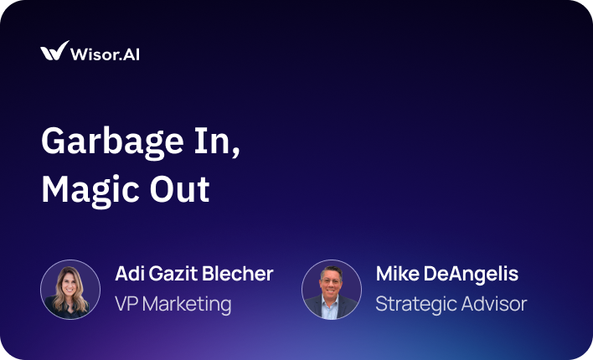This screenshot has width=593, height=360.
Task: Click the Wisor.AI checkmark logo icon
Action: click(x=54, y=51)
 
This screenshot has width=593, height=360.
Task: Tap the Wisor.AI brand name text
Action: click(x=105, y=54)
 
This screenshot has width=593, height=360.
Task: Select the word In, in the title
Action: click(x=217, y=141)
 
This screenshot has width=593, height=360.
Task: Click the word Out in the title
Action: click(x=179, y=189)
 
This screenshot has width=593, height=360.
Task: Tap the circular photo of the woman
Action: click(x=70, y=290)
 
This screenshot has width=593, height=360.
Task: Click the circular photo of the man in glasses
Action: click(x=332, y=290)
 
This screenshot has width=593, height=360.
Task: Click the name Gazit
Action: click(x=173, y=274)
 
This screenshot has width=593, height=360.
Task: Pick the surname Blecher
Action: click(x=238, y=274)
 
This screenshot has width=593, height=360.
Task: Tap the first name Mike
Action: click(x=398, y=274)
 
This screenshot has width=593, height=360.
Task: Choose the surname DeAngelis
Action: click(x=471, y=275)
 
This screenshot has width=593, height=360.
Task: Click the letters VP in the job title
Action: click(x=126, y=304)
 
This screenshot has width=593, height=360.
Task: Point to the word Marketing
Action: click(x=187, y=306)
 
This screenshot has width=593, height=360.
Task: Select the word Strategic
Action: click(x=416, y=306)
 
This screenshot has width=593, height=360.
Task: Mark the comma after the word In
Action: click(x=236, y=152)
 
